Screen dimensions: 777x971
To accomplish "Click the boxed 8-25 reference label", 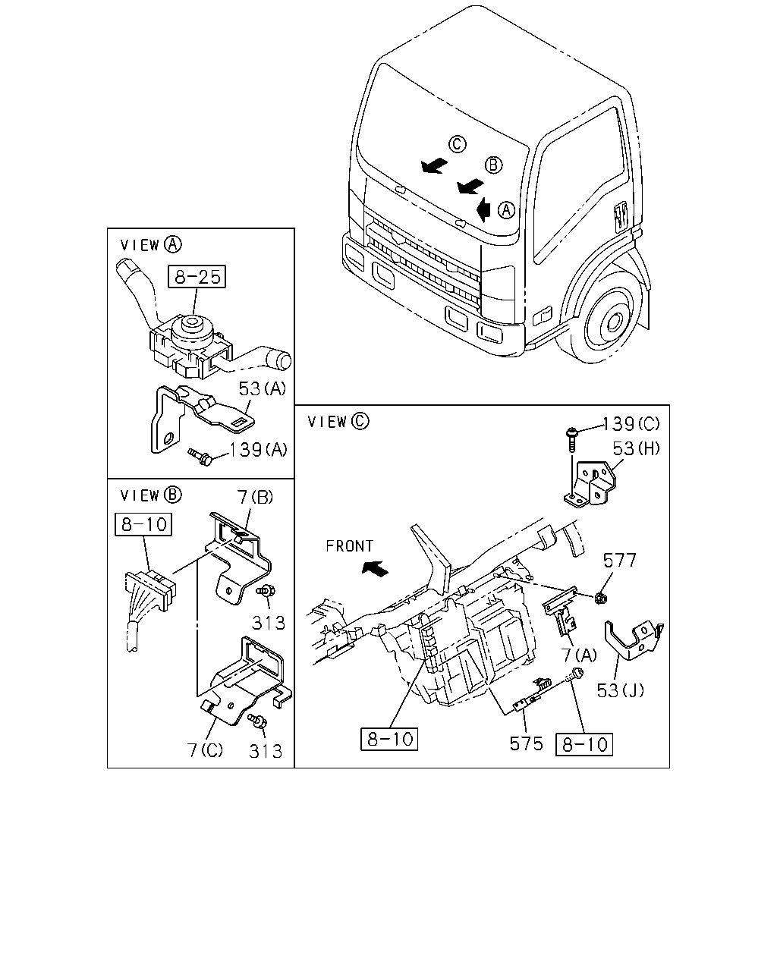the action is (x=197, y=277).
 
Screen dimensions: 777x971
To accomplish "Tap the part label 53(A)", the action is (x=263, y=388).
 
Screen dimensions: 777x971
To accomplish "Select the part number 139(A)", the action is (x=258, y=449).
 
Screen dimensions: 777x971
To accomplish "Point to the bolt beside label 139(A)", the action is (x=200, y=457).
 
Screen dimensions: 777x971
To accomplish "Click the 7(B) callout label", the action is (x=255, y=497).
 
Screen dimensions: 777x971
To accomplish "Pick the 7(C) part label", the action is (x=206, y=750).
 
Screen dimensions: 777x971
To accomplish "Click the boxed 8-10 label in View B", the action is (x=143, y=524).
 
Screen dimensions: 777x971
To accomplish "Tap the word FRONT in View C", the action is (x=350, y=546).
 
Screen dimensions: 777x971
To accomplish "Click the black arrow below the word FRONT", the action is (x=375, y=568).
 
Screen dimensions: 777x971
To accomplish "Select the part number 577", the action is (x=619, y=561).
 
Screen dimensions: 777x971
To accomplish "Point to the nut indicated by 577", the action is (x=601, y=599).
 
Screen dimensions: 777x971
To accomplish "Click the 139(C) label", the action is (x=631, y=424).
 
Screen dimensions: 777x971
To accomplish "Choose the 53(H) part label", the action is (x=636, y=448).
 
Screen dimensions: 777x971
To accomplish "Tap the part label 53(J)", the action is (x=621, y=690).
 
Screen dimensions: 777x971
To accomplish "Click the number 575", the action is (x=527, y=743).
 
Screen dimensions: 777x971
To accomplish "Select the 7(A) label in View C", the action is (x=579, y=655).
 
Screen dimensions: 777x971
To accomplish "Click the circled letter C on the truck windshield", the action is (x=457, y=144).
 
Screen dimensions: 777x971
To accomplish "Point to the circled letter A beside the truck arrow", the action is (x=507, y=210).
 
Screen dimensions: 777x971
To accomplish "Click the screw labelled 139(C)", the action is (x=571, y=439).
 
